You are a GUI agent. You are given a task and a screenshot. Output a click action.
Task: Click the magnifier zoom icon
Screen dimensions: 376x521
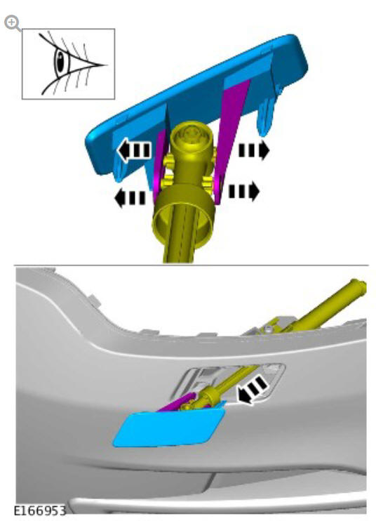click(x=12, y=23)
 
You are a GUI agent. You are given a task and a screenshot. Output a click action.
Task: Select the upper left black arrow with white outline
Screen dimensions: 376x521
click(x=135, y=150)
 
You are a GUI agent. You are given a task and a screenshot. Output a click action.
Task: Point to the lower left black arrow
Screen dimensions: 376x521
click(x=130, y=199)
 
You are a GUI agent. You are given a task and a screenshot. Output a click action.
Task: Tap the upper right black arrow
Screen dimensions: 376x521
click(x=254, y=150)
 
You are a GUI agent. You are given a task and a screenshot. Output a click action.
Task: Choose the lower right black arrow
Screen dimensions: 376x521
click(x=244, y=191)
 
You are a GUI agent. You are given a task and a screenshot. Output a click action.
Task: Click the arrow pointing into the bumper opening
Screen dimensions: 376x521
click(x=253, y=390)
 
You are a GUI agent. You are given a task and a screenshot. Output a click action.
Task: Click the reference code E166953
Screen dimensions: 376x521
click(x=40, y=510)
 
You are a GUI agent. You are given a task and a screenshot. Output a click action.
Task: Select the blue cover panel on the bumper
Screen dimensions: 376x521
click(x=169, y=428)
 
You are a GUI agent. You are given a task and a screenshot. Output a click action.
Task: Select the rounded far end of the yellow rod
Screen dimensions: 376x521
click(x=361, y=286)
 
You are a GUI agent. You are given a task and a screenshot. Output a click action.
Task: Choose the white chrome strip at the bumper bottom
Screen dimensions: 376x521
click(x=219, y=506)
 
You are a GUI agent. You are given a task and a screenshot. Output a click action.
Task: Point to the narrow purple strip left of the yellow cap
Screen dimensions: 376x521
click(x=159, y=166)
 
